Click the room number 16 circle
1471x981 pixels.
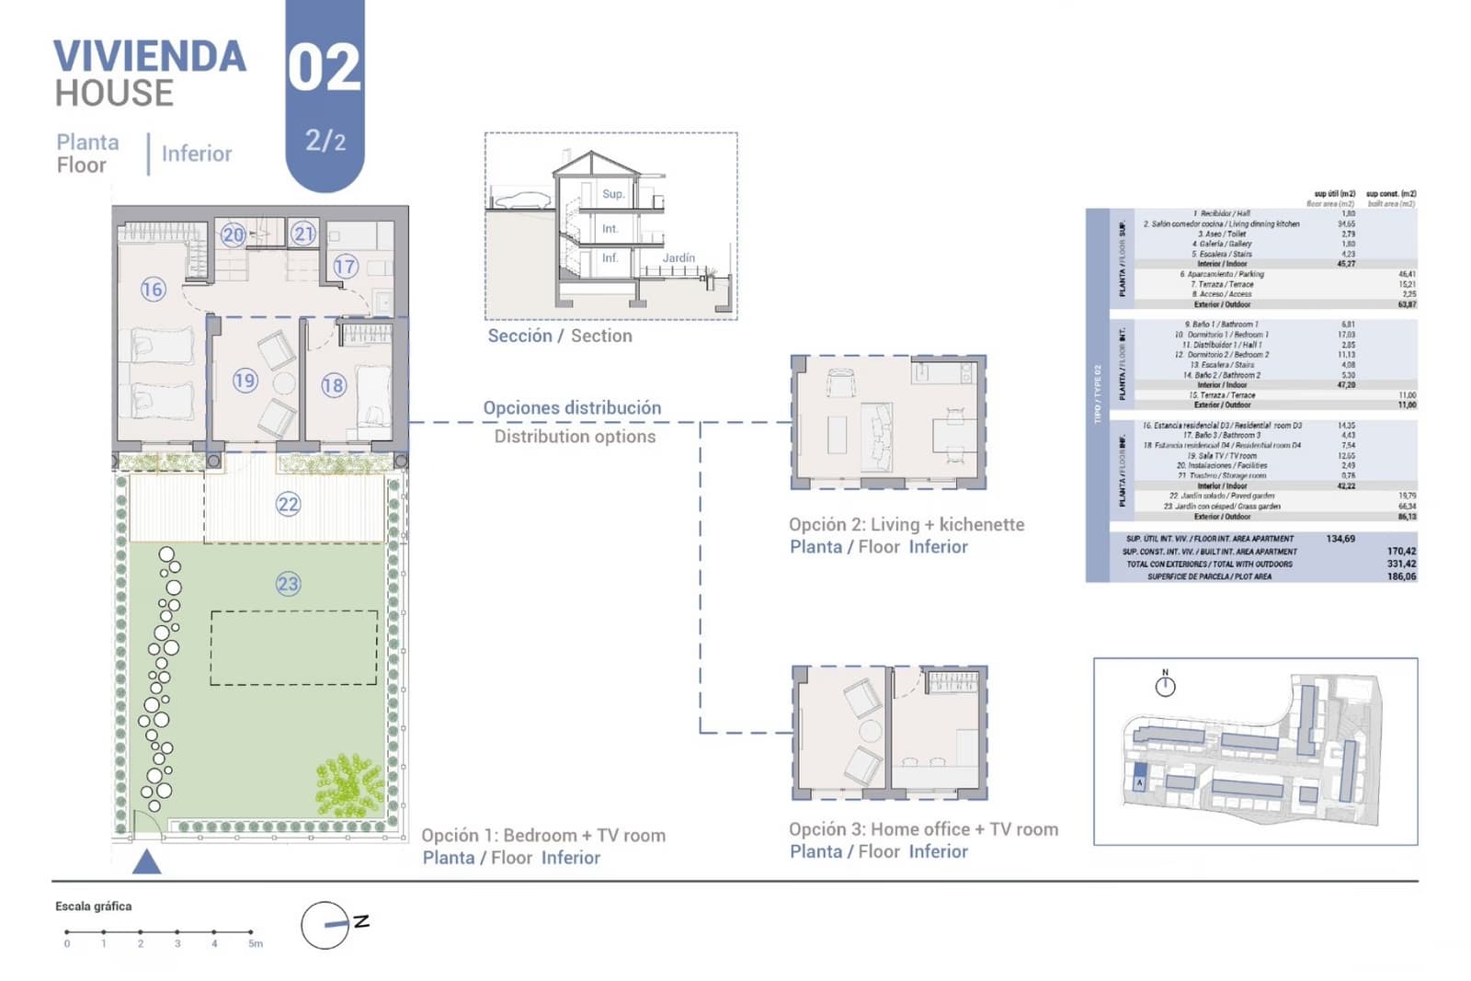[153, 290]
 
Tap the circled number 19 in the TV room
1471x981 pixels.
[245, 381]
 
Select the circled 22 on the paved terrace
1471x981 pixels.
[288, 504]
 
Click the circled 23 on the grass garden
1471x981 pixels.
[288, 584]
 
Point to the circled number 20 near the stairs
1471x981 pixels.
[233, 234]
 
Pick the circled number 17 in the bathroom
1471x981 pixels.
[345, 267]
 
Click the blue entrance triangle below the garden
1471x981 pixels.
[147, 862]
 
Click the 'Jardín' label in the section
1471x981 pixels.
[678, 258]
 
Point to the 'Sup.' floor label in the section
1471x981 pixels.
[613, 194]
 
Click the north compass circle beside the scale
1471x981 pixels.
[325, 925]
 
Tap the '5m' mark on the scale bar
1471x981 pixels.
[255, 943]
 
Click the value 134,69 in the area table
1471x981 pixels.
[1340, 539]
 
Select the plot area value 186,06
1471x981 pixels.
[1401, 576]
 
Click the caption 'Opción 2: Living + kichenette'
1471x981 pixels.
[906, 524]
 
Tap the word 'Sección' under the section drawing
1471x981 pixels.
[519, 336]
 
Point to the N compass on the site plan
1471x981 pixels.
[1165, 684]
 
